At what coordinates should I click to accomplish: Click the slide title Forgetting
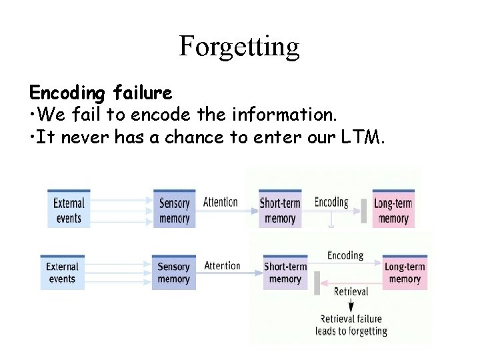(239, 47)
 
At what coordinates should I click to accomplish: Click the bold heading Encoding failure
(101, 92)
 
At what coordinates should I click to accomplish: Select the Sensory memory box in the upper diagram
(175, 210)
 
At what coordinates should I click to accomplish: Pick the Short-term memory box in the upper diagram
(280, 210)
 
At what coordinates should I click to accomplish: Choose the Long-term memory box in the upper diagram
(393, 210)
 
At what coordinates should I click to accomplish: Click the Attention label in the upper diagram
(221, 202)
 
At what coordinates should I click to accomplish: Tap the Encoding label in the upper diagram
(331, 202)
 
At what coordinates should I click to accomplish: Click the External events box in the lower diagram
(63, 273)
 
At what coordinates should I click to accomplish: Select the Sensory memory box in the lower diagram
(174, 273)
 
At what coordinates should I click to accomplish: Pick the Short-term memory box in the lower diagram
(285, 273)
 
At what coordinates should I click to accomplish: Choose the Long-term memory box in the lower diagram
(405, 273)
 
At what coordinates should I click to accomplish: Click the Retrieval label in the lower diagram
(351, 291)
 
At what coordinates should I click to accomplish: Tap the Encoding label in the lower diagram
(345, 255)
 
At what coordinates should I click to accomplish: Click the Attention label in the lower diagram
(222, 265)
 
